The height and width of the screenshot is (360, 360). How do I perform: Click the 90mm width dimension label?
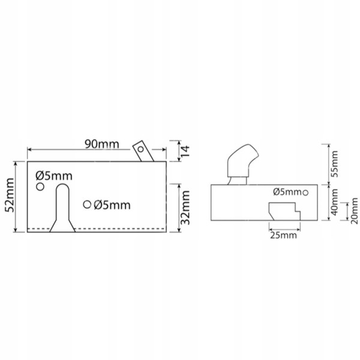(102, 145)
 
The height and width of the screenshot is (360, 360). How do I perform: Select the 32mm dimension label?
(186, 205)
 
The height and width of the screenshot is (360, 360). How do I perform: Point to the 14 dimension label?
(186, 151)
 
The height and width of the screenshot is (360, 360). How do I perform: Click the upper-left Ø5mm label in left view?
(54, 175)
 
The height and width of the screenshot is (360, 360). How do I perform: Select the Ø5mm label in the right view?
(286, 192)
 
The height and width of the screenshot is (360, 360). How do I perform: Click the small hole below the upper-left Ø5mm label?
(40, 187)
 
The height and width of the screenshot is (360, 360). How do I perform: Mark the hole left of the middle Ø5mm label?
(87, 205)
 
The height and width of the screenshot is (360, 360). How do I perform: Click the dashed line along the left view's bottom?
(96, 229)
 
